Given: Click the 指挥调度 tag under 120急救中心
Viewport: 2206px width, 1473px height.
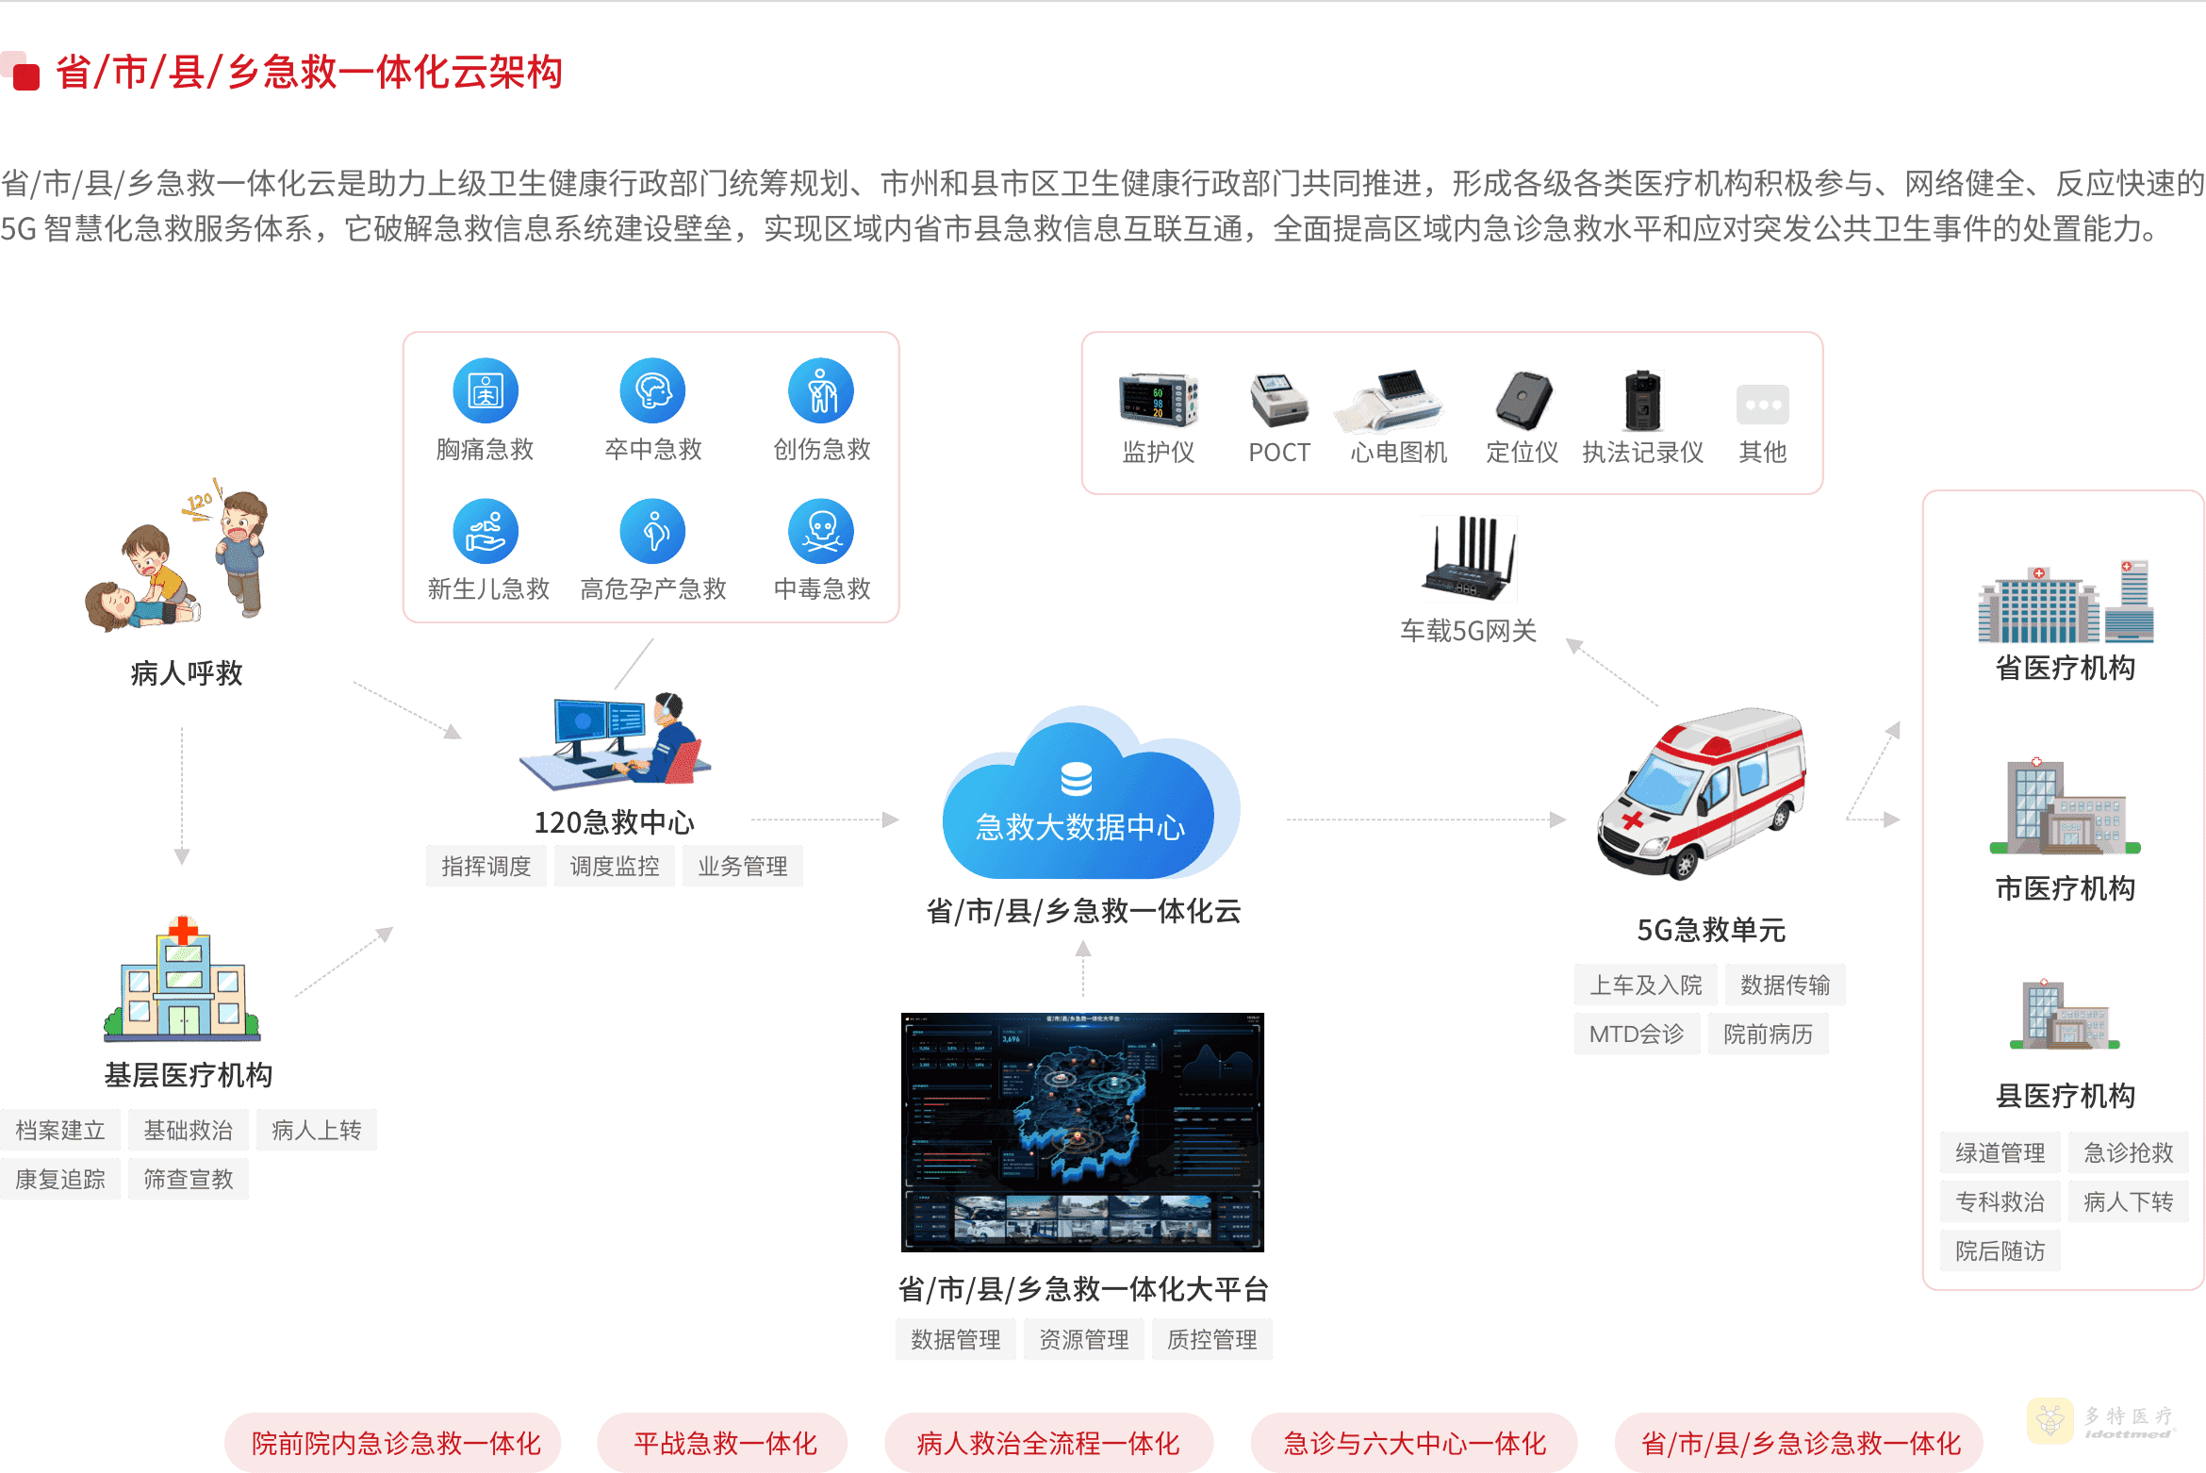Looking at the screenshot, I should coord(486,867).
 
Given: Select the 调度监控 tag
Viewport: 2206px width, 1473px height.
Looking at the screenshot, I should coord(614,867).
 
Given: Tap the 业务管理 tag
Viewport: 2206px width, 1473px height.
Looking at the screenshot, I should coord(742,867).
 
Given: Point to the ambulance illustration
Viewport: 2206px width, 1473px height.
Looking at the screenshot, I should coord(1702,792).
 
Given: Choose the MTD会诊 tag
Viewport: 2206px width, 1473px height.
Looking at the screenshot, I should coord(1637,1034).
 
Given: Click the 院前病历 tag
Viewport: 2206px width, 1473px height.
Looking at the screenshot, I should coord(1768,1034).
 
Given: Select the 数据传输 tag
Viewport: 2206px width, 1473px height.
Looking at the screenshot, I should coord(1785,985).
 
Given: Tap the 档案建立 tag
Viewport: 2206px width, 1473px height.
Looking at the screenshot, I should coord(60,1131).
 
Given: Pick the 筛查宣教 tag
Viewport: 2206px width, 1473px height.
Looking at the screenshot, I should coord(188,1180).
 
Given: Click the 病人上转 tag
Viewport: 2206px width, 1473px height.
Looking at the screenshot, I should coord(316,1131).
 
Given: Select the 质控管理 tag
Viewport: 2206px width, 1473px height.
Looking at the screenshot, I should coord(1211,1340).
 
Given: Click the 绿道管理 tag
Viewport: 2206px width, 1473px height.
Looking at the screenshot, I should coord(2000,1153).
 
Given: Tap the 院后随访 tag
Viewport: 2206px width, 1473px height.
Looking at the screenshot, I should coord(2000,1251).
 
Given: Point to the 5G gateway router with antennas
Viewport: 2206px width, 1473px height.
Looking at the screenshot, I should coord(1468,558).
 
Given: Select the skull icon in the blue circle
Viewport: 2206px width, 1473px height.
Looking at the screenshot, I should coord(821,531).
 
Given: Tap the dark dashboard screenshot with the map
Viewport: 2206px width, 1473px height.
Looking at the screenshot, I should coord(1082,1132).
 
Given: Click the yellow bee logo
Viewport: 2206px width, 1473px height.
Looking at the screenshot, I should coord(2050,1420).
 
